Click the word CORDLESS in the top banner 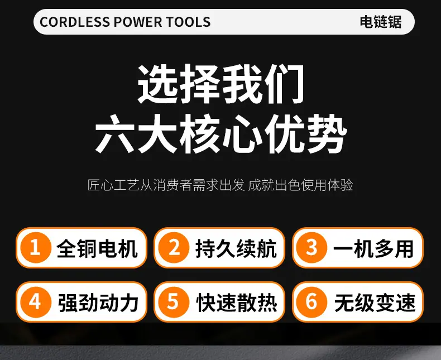pos(75,22)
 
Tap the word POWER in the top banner pos(138,22)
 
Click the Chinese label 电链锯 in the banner pos(381,22)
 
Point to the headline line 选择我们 pos(221,84)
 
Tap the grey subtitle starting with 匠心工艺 pos(220,185)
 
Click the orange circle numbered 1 pos(36,247)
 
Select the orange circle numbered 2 pos(174,247)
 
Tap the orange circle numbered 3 pos(311,247)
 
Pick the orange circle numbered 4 pos(36,302)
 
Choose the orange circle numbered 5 pos(174,302)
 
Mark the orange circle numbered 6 pos(311,302)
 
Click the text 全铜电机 pos(97,248)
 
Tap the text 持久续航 pos(236,248)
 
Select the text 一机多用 pos(373,248)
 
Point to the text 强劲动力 pos(98,303)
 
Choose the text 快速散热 pos(237,303)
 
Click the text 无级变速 pos(375,303)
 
